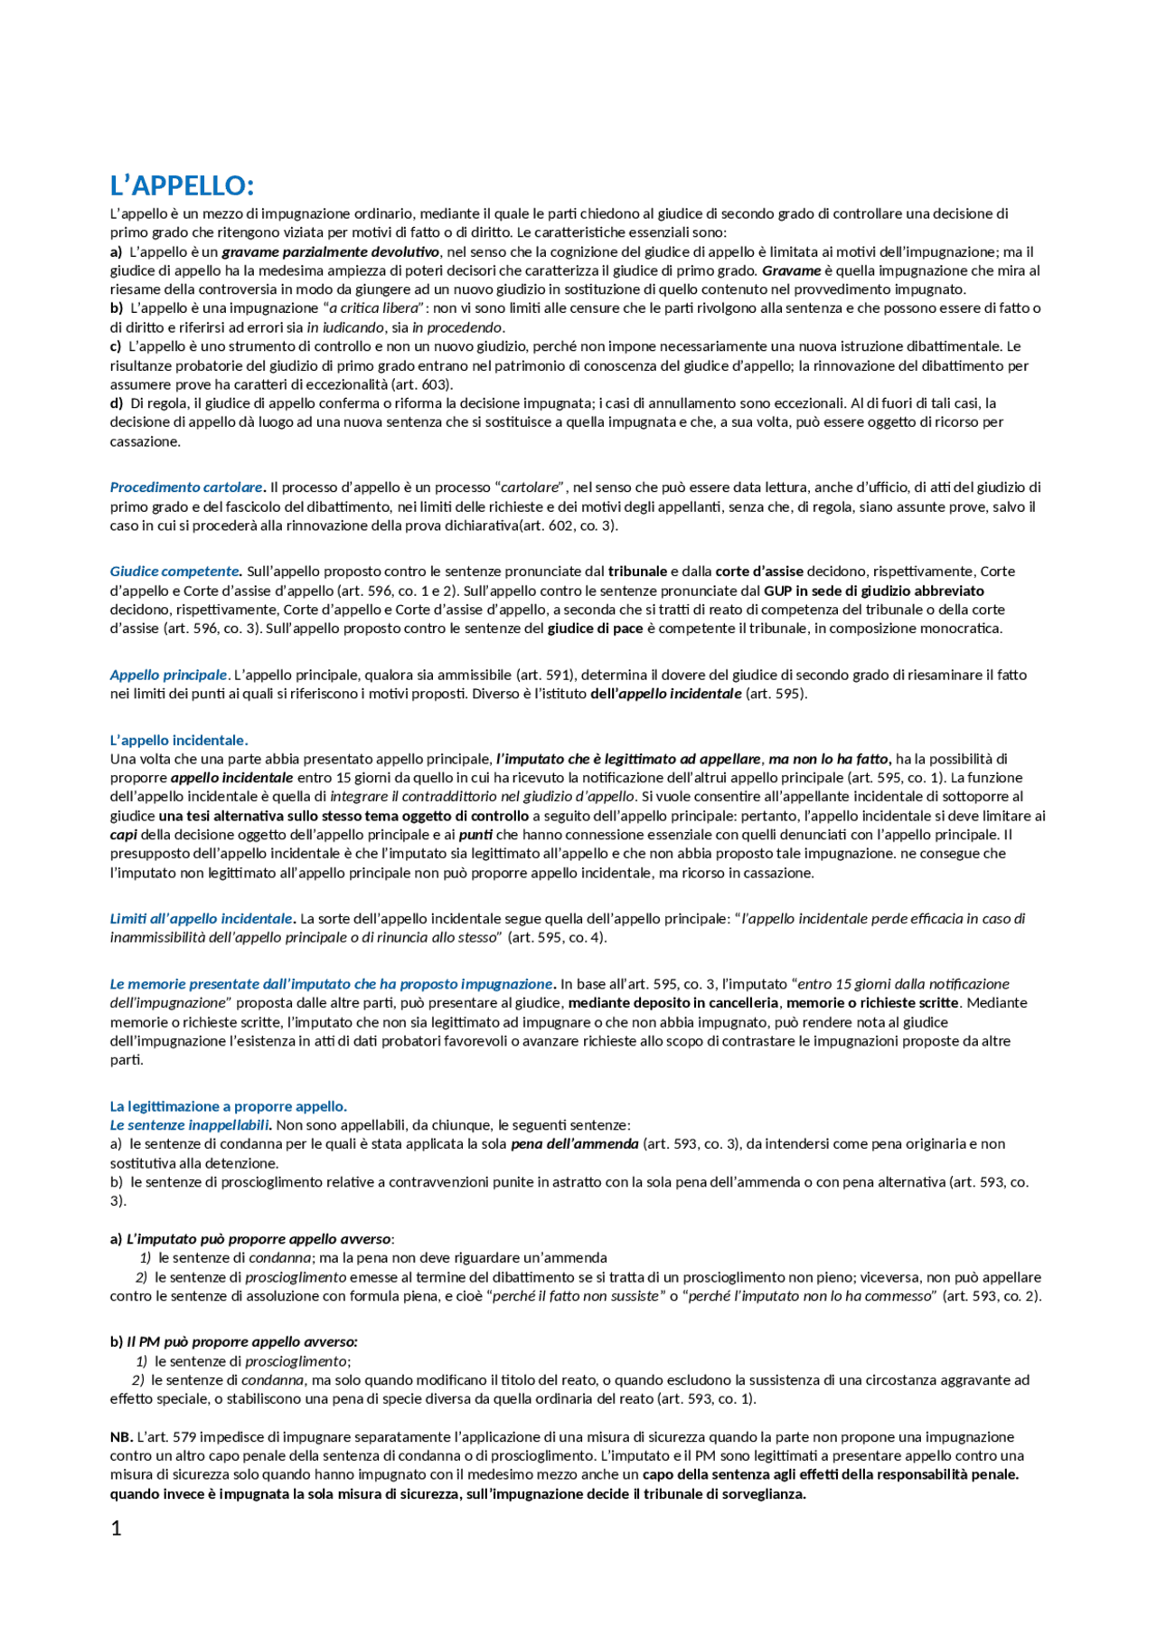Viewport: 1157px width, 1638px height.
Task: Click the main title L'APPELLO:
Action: [x=182, y=186]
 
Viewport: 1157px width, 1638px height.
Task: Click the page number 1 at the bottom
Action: [x=116, y=1528]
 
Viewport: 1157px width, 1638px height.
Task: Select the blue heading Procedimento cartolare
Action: [x=187, y=488]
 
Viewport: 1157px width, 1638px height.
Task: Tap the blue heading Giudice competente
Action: [x=175, y=572]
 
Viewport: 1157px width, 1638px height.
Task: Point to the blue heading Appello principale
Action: [x=169, y=675]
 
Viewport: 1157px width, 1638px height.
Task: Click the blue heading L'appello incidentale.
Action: [x=179, y=740]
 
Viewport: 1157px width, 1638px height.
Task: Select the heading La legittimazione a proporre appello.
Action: [x=229, y=1106]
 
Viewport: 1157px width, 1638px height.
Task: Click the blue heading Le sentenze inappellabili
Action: [x=191, y=1125]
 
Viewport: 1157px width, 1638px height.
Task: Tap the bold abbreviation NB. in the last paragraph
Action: [x=122, y=1436]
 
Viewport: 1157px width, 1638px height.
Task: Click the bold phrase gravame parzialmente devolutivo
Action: [x=331, y=251]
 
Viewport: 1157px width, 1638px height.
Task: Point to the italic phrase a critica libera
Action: [x=374, y=308]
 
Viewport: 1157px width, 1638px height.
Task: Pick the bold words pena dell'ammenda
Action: [x=575, y=1144]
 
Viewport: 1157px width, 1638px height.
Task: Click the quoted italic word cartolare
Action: [x=531, y=488]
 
